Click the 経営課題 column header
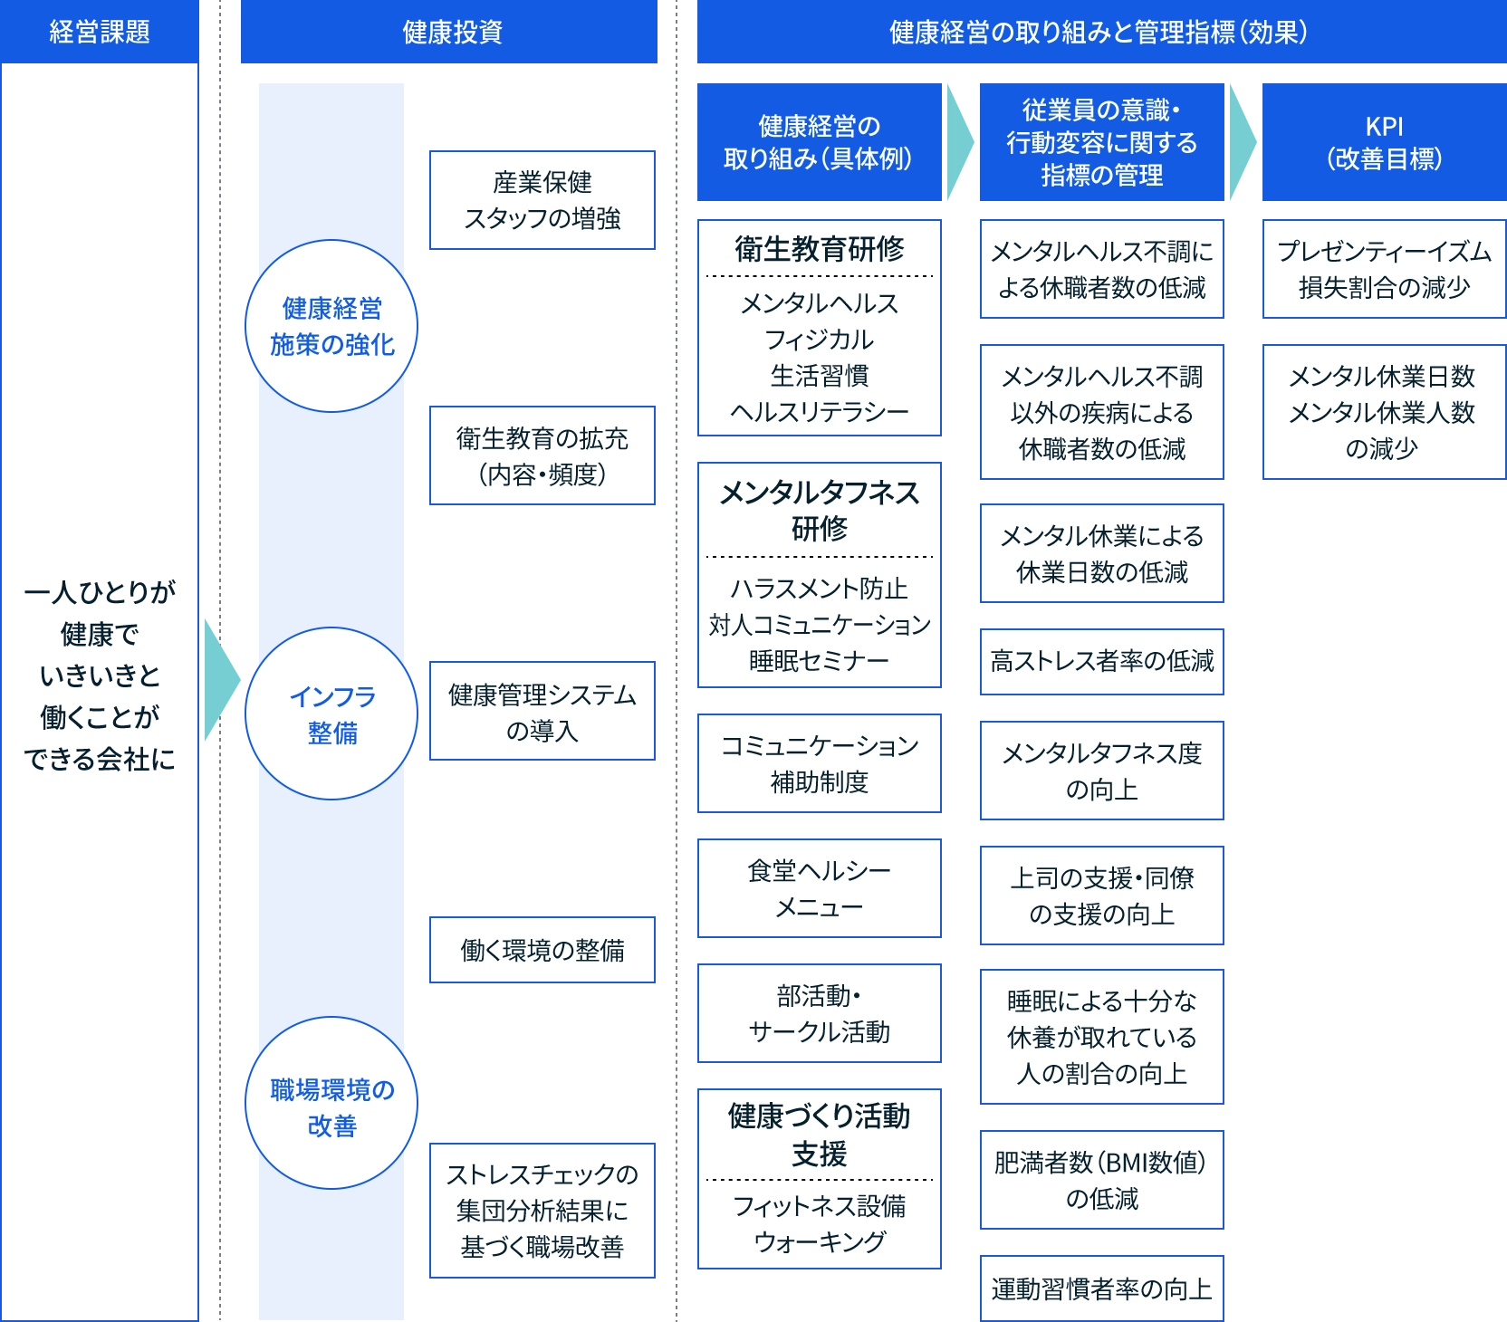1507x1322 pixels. pos(100,33)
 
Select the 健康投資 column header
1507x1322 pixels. pos(450,33)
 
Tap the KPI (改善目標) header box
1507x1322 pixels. pos(1383,142)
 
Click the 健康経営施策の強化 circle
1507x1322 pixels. pos(331,326)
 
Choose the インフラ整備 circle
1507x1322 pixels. pos(331,714)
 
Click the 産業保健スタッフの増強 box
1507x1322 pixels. pos(542,200)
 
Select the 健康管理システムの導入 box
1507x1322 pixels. pos(542,712)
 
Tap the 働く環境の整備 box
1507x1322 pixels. pos(542,950)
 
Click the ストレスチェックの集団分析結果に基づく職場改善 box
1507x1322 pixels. pos(542,1210)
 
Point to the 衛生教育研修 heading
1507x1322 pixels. pos(819,248)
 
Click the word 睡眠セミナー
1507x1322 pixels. pos(819,661)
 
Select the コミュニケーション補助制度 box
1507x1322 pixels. pos(819,763)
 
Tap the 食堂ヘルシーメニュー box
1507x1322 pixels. pos(819,888)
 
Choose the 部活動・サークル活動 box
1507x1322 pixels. pos(819,1013)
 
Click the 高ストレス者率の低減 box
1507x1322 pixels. pos(1101,661)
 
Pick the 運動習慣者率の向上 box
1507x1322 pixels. pos(1101,1288)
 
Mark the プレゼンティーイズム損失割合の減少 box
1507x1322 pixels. pos(1383,269)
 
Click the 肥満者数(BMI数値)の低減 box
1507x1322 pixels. pos(1101,1180)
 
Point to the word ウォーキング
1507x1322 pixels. pos(819,1242)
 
